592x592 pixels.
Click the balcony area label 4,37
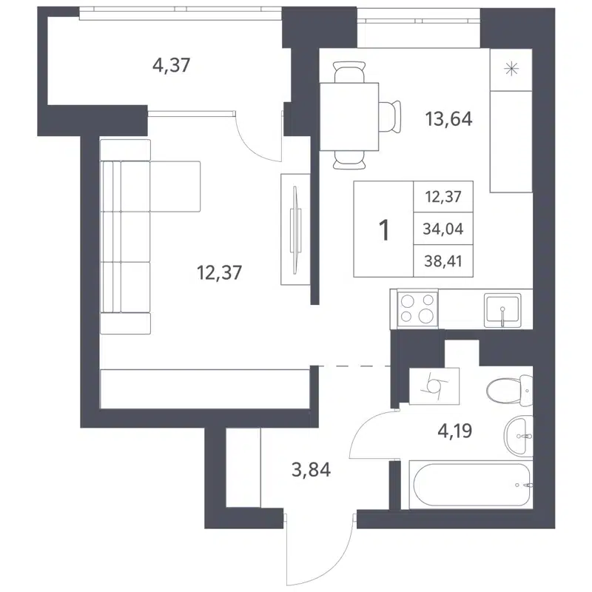(x=172, y=65)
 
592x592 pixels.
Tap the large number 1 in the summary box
(x=383, y=230)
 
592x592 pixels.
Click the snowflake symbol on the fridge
(x=509, y=70)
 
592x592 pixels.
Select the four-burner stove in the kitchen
(x=416, y=308)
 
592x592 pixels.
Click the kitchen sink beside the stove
(x=502, y=309)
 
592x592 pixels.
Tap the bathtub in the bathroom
(x=471, y=485)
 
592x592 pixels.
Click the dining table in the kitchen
(x=349, y=116)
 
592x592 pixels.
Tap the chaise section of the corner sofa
(x=175, y=184)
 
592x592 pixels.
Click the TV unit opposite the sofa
(x=295, y=229)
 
